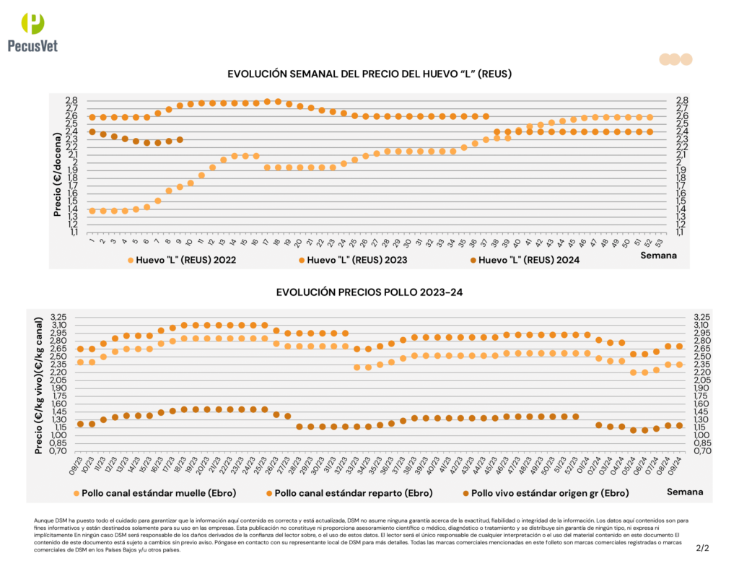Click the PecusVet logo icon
click(x=32, y=23)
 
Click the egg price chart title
click(x=369, y=74)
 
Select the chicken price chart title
click(x=369, y=292)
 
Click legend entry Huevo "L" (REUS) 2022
click(x=181, y=259)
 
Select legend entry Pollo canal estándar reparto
click(x=349, y=492)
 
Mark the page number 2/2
click(x=702, y=548)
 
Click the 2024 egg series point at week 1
click(x=92, y=132)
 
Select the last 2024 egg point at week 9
click(x=180, y=139)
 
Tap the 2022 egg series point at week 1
click(x=92, y=211)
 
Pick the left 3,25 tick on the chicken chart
click(x=60, y=317)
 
